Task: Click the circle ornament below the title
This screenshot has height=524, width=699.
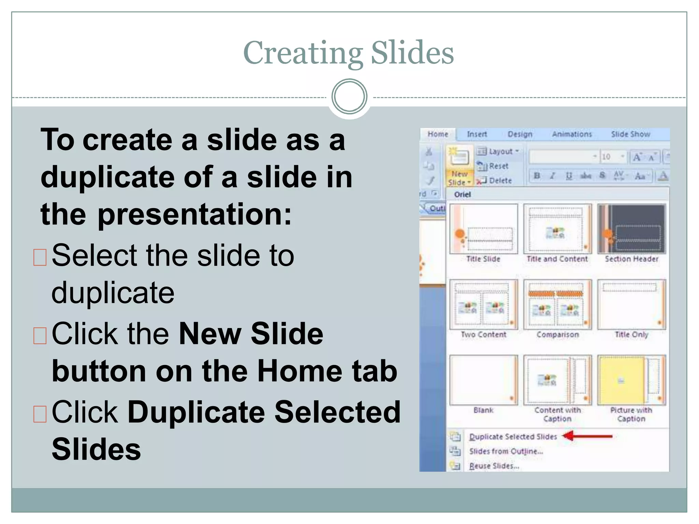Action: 349,97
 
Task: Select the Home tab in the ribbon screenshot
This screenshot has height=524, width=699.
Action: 438,134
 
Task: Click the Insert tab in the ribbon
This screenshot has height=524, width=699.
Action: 477,134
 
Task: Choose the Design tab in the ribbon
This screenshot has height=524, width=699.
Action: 520,134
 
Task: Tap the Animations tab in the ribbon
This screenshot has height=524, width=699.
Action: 572,134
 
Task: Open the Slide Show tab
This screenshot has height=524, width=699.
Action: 630,134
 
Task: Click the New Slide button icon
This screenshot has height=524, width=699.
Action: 459,158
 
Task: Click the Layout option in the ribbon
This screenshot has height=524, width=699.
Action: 500,151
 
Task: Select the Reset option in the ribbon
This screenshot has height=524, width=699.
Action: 498,166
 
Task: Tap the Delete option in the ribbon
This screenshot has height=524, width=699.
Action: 500,180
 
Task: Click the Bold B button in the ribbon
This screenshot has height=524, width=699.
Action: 537,176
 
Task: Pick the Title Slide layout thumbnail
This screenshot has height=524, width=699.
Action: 483,229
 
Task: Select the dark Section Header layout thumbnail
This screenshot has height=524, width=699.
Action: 631,229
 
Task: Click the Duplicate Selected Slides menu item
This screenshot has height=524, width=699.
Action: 513,437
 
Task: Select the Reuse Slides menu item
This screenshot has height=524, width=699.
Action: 494,466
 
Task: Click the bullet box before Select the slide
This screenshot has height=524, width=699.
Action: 40,257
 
